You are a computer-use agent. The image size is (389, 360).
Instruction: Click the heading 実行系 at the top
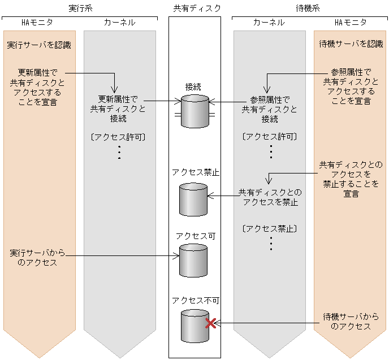(x=80, y=8)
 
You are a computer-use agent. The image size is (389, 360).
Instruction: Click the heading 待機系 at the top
(x=309, y=8)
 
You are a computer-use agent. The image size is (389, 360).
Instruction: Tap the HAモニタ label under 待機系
(x=351, y=23)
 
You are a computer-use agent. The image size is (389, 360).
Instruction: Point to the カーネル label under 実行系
(x=119, y=23)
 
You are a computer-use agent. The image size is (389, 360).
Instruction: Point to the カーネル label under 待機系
(x=269, y=23)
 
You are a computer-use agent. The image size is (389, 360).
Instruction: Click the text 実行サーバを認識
(x=39, y=45)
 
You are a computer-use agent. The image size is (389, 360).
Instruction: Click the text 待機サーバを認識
(x=351, y=44)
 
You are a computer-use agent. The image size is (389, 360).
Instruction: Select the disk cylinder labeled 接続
(x=194, y=111)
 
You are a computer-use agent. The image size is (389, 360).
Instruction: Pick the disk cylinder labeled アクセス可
(x=194, y=261)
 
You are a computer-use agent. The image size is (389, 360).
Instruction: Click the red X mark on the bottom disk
(x=210, y=323)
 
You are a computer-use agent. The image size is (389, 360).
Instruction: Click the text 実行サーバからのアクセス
(x=34, y=257)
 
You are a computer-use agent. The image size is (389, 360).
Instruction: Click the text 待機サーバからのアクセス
(x=351, y=322)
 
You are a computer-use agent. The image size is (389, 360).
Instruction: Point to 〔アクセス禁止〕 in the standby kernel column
(x=270, y=228)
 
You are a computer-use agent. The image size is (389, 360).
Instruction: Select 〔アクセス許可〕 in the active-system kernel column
(x=119, y=136)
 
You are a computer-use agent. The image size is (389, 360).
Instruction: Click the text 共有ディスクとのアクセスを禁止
(x=270, y=197)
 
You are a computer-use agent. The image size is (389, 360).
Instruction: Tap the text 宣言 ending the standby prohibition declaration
(x=351, y=193)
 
